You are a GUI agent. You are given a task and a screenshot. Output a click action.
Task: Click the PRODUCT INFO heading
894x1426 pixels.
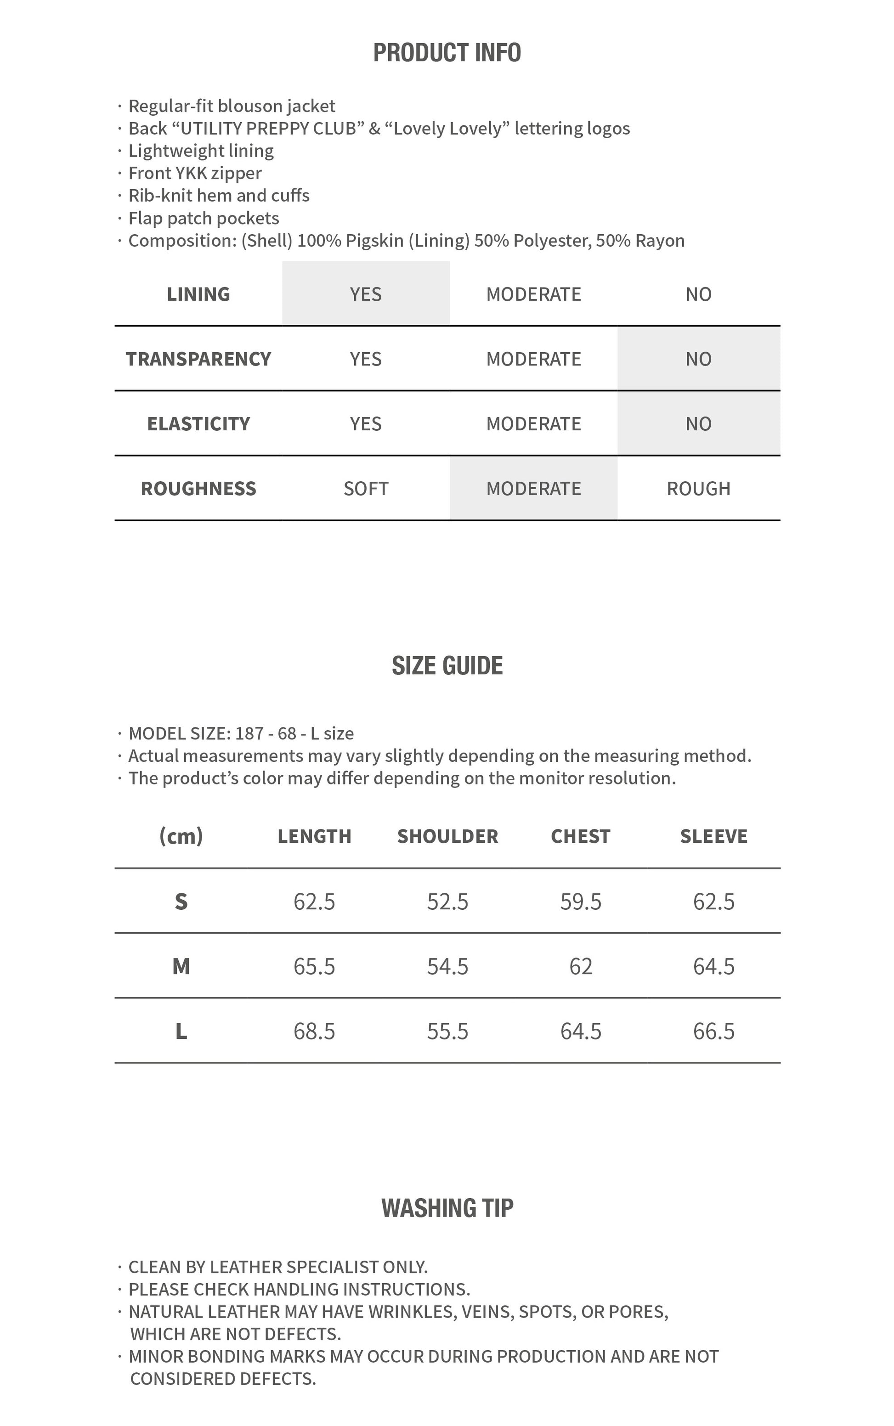point(447,53)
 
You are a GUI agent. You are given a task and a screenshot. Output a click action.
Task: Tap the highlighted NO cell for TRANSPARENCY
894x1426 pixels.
point(698,359)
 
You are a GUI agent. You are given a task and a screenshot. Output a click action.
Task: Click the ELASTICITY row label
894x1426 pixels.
point(198,424)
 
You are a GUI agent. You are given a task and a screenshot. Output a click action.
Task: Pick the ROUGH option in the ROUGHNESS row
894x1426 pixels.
point(698,489)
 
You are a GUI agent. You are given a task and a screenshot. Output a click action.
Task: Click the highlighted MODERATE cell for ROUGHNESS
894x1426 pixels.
point(533,489)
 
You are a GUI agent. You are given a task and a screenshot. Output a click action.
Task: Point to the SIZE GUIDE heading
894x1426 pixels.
point(447,666)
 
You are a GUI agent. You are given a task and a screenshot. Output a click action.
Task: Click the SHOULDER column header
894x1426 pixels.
point(447,836)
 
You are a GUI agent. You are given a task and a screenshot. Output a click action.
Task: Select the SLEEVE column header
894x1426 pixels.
point(713,836)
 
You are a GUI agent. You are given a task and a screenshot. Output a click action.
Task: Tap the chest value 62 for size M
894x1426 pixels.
point(581,966)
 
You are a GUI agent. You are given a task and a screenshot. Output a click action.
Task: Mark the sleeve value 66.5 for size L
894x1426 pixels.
point(713,1031)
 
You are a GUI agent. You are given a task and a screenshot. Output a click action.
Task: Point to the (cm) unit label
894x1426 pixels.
point(181,836)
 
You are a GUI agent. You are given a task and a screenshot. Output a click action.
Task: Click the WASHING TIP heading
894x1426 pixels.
point(447,1208)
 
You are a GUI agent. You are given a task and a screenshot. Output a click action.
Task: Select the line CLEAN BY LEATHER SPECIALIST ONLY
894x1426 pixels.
point(278,1267)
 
